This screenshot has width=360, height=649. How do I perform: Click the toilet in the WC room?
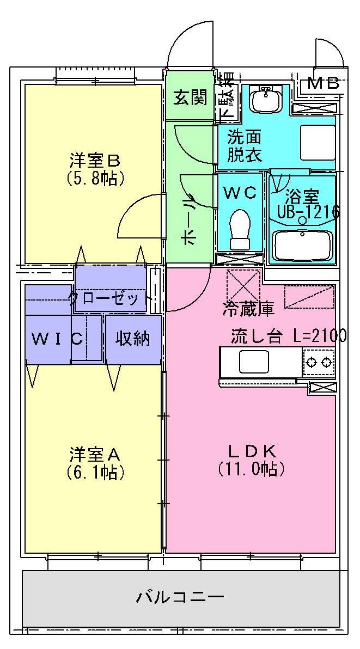pos(240,229)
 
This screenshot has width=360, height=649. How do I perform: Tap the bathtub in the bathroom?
pos(302,245)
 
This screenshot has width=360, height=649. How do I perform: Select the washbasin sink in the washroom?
pos(265,100)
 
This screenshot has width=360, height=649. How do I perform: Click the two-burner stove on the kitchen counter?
pos(319,361)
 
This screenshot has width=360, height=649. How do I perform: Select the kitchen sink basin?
pos(254,362)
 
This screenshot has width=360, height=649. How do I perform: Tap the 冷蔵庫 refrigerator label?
pos(248,309)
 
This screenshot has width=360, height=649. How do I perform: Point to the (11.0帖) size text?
pos(251,468)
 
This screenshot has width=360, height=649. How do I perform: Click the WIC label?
pos(57,339)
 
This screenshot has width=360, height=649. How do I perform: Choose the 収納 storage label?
pos(132,339)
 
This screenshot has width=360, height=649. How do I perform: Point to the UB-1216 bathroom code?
pos(309,212)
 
